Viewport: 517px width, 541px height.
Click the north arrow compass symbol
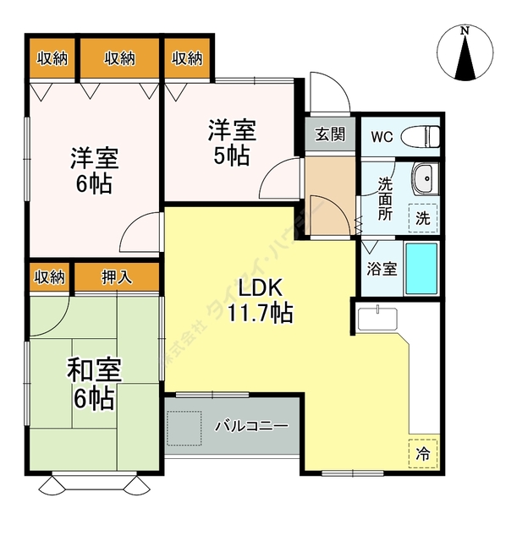click(465, 56)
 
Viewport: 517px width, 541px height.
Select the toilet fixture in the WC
click(421, 135)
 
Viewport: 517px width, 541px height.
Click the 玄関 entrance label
click(330, 134)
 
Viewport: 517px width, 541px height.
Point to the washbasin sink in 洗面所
click(424, 179)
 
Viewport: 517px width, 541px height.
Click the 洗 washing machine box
click(423, 217)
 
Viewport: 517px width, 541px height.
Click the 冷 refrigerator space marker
click(423, 453)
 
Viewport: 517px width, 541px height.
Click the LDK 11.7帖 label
click(260, 301)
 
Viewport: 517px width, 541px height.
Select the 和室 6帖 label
click(93, 383)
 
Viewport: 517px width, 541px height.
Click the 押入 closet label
click(117, 276)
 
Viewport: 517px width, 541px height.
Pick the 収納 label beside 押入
click(50, 276)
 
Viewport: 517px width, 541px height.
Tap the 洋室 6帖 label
click(93, 170)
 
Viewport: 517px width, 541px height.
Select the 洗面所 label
click(385, 197)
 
